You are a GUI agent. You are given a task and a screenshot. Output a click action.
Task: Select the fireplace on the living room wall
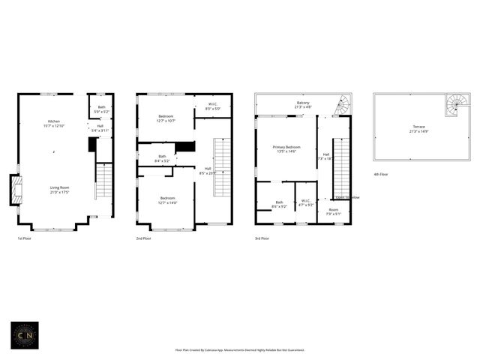coord(14,189)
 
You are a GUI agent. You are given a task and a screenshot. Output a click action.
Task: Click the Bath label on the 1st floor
coord(102,109)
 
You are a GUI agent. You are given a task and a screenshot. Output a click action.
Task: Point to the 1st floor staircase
coord(103,182)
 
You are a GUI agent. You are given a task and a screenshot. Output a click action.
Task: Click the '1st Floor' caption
coord(25,238)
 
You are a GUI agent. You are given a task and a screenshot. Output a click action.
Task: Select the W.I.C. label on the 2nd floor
coord(213,106)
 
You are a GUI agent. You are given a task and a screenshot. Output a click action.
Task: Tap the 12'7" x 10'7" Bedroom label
coord(166,118)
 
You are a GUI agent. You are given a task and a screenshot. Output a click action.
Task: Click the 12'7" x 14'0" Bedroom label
coord(166,200)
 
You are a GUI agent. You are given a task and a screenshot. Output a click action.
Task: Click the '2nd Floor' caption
coord(143,238)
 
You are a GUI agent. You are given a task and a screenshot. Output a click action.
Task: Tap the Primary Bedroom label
coord(286,149)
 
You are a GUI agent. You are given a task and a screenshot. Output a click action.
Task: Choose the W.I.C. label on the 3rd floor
coord(306,202)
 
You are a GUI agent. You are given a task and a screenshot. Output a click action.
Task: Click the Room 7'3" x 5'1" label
coord(333,212)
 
